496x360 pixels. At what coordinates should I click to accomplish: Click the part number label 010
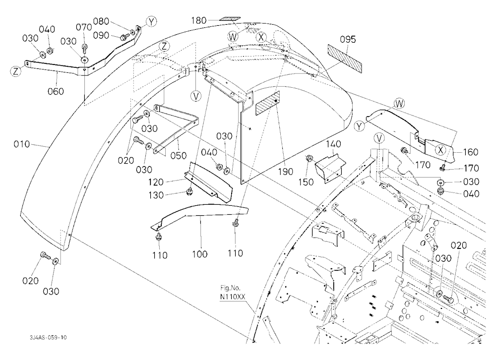(22, 144)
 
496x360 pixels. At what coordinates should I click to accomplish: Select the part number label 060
(56, 91)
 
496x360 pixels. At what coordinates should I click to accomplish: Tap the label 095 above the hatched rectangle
(348, 40)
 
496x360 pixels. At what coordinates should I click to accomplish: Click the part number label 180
(199, 20)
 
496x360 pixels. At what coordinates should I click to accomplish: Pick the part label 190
(286, 172)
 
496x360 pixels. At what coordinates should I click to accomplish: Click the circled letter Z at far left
(16, 71)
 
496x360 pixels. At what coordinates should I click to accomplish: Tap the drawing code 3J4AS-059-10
(49, 337)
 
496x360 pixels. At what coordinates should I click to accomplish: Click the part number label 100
(200, 254)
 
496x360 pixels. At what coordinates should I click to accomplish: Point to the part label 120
(156, 182)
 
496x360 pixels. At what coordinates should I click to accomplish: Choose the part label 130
(156, 195)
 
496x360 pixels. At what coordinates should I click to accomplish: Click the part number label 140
(333, 144)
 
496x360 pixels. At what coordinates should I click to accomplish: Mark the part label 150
(306, 182)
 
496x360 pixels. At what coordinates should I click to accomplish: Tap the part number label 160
(471, 152)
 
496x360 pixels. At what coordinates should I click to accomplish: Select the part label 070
(84, 27)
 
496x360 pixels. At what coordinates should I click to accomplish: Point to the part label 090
(101, 35)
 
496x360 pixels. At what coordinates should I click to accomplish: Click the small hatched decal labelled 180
(230, 19)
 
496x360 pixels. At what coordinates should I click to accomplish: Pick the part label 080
(101, 21)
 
